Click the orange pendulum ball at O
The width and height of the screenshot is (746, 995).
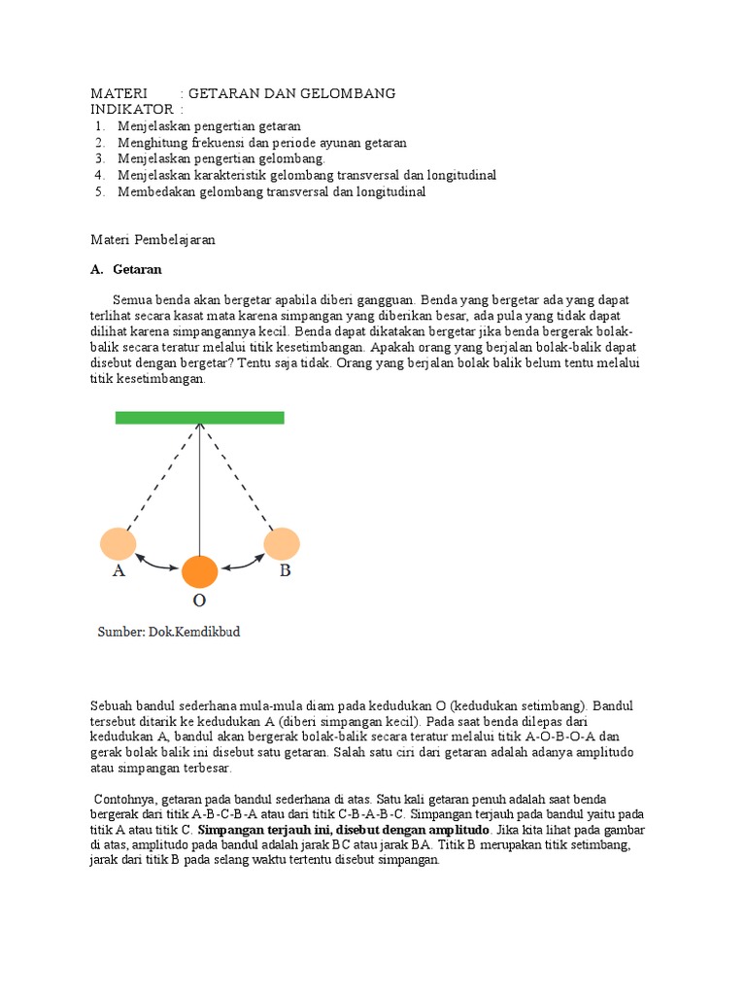pyautogui.click(x=200, y=571)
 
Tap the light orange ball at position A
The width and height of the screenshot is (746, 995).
pyautogui.click(x=119, y=543)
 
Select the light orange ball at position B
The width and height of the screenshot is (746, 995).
pyautogui.click(x=282, y=543)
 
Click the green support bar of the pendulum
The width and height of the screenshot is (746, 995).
pyautogui.click(x=199, y=418)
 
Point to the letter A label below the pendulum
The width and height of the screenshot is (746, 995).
pyautogui.click(x=119, y=571)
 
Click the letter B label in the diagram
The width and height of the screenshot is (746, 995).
pyautogui.click(x=286, y=571)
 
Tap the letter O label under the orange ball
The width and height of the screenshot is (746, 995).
pyautogui.click(x=199, y=600)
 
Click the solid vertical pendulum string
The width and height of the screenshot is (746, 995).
pyautogui.click(x=200, y=486)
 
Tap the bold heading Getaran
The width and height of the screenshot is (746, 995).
pyautogui.click(x=137, y=269)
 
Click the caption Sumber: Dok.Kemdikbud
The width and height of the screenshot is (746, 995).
pyautogui.click(x=168, y=632)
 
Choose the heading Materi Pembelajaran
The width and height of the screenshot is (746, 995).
pyautogui.click(x=153, y=239)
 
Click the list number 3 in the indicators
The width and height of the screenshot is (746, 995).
pyautogui.click(x=99, y=158)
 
